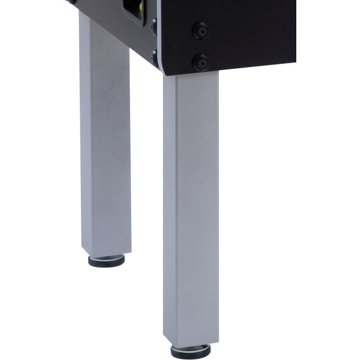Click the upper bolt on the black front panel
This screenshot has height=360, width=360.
click(x=200, y=30)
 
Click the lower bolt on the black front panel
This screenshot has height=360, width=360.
click(x=200, y=61)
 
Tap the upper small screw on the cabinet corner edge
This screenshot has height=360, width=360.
click(x=154, y=25)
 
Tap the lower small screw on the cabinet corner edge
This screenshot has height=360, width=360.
click(x=154, y=55)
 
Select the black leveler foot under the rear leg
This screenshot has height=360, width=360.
click(x=106, y=261)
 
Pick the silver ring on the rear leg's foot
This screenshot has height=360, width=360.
click(x=106, y=256)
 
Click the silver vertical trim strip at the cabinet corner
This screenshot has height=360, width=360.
click(x=158, y=33)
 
